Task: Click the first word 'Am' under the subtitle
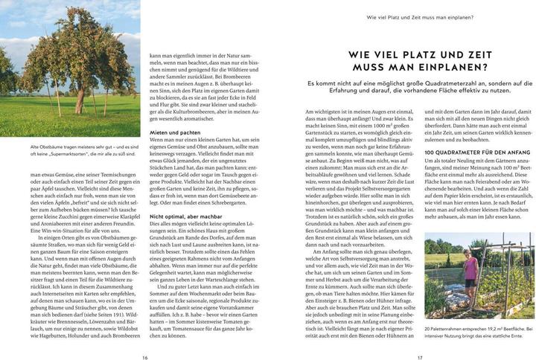pos(310,112)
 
